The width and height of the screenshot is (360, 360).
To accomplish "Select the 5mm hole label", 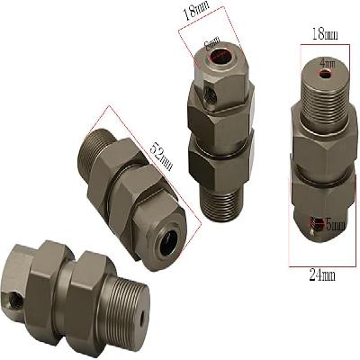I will click(328, 225).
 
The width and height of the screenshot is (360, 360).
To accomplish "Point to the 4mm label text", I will click(328, 65).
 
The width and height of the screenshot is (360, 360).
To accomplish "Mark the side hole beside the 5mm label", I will click(311, 225).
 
